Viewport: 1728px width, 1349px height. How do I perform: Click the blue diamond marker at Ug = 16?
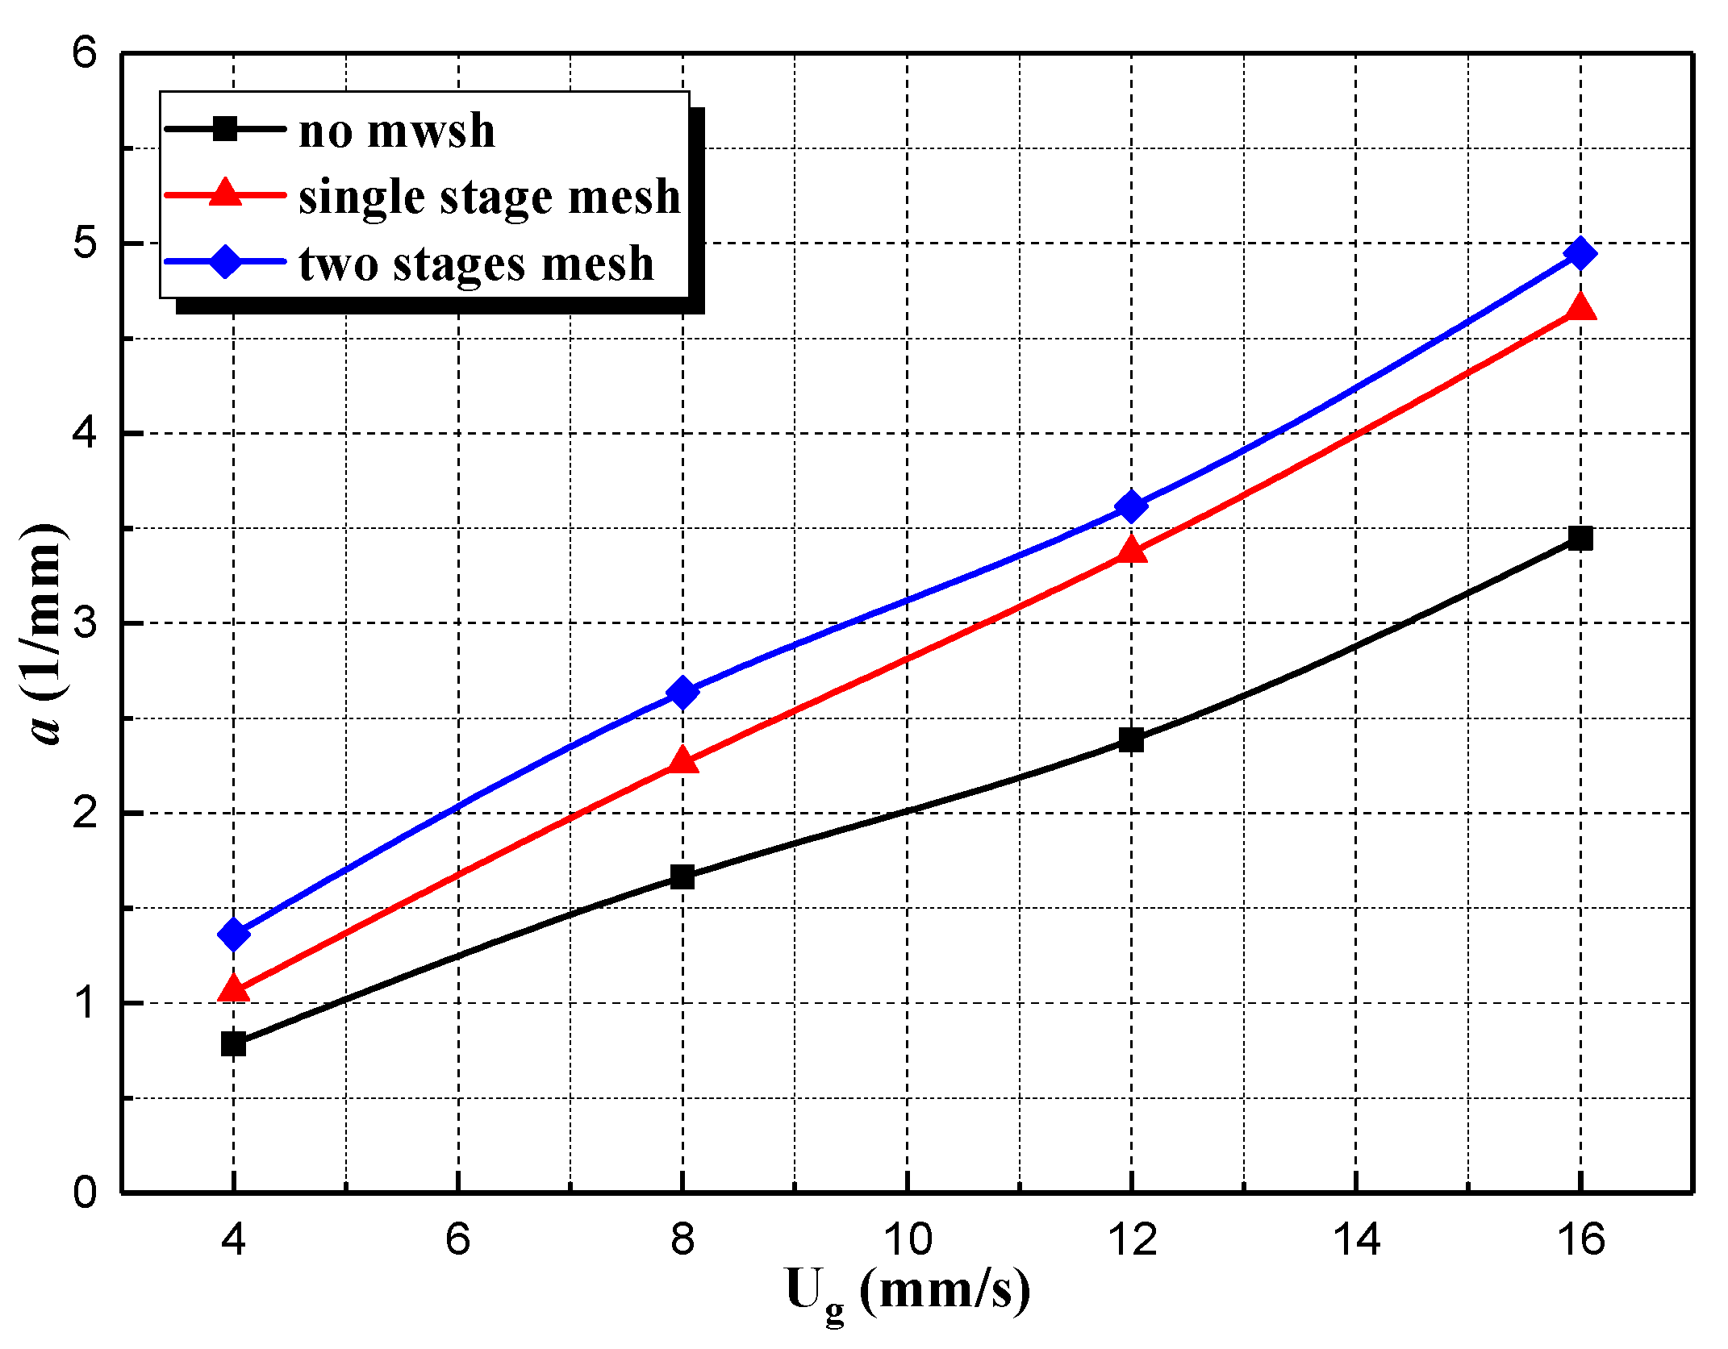click(1580, 253)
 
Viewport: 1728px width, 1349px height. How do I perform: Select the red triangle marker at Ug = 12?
click(1131, 552)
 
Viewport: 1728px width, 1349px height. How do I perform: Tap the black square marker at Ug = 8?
click(682, 876)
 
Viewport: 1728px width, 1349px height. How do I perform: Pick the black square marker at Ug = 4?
click(233, 1044)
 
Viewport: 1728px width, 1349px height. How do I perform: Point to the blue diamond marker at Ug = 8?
click(682, 693)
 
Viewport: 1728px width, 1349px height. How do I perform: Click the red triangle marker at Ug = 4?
click(233, 989)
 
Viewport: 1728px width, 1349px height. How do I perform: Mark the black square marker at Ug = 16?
click(1580, 538)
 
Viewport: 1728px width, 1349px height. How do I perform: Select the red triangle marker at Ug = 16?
click(1580, 309)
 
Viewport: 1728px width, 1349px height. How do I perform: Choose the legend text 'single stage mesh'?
click(489, 196)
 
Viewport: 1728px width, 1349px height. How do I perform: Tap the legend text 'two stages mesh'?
click(476, 263)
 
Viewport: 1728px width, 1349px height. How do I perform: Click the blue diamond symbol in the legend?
click(226, 261)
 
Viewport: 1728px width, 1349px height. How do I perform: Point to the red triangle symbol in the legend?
click(226, 194)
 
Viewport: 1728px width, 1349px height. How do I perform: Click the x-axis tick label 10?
click(908, 1239)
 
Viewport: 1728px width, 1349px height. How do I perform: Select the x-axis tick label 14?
click(1356, 1239)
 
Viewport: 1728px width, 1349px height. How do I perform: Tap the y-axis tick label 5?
click(85, 243)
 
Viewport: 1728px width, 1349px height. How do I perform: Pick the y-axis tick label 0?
click(85, 1192)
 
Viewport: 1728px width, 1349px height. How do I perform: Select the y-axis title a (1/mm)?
click(44, 635)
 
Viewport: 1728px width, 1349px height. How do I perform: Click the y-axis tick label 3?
click(85, 622)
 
